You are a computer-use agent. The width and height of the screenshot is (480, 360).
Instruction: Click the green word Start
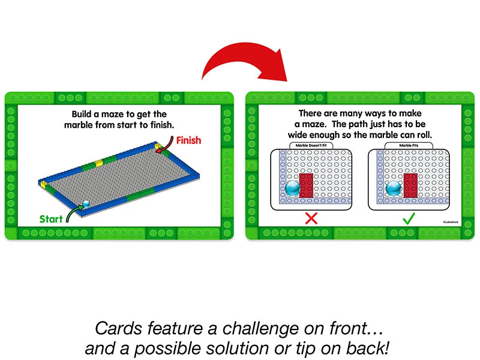[52, 219]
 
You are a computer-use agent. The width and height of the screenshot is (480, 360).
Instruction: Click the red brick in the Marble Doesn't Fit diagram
[306, 185]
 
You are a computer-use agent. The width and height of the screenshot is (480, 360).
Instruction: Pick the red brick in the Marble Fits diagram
[411, 185]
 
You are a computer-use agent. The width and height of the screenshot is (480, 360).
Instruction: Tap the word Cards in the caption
[118, 328]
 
